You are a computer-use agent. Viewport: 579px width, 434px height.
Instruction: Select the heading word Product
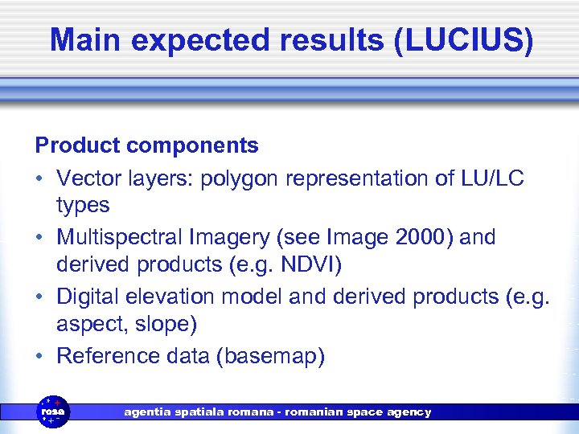tap(77, 145)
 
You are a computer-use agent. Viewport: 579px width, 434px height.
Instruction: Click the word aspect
tap(89, 325)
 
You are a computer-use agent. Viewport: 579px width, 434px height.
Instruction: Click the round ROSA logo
tap(54, 411)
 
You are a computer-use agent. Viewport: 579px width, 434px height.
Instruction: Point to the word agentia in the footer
tap(146, 412)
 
